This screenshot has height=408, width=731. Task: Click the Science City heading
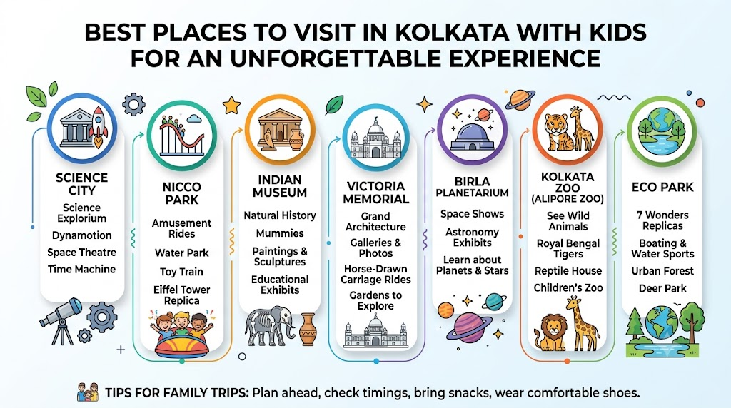click(81, 184)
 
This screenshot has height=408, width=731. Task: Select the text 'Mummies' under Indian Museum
click(280, 233)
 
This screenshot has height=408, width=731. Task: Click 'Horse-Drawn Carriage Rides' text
click(375, 275)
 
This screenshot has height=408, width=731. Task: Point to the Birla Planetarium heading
click(473, 187)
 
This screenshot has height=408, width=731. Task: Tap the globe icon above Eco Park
click(662, 131)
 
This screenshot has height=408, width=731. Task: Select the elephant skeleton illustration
click(269, 325)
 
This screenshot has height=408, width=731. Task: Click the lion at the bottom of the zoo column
click(552, 331)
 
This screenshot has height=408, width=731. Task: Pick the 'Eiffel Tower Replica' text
click(182, 295)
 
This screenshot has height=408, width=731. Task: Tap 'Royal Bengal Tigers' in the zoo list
click(568, 249)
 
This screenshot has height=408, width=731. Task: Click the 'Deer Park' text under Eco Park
click(662, 288)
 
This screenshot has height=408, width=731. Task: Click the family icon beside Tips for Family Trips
click(88, 392)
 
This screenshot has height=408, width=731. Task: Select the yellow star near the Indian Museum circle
click(231, 106)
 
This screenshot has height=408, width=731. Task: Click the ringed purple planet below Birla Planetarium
click(468, 327)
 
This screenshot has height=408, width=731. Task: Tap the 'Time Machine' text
click(81, 269)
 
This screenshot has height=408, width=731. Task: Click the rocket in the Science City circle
click(99, 126)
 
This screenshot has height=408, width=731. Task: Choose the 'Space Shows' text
click(473, 214)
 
